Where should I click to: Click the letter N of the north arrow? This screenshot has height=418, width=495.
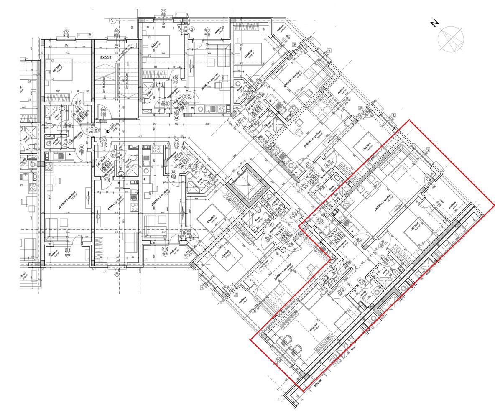(435, 23)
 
